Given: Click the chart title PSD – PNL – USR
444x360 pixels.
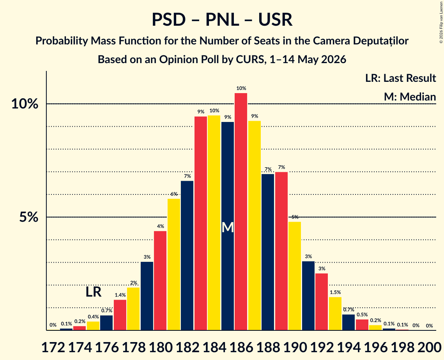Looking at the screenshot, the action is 222,20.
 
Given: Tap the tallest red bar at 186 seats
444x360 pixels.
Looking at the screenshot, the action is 241,212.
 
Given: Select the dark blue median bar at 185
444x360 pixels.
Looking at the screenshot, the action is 228,226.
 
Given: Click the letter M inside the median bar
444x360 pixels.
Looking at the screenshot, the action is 228,228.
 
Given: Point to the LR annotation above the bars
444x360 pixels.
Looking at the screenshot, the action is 94,292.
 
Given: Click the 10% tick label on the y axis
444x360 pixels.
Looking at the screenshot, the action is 25,104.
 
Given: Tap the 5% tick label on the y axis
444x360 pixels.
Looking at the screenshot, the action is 28,217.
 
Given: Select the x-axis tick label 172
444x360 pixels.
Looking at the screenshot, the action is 53,347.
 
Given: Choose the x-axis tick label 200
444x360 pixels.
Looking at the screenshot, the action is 430,347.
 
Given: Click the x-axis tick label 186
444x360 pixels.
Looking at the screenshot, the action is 241,347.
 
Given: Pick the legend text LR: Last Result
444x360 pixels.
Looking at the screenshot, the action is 400,78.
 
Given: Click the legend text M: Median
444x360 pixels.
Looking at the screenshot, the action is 410,97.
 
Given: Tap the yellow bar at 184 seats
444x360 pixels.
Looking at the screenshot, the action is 214,223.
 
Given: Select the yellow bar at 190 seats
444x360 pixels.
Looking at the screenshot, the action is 295,276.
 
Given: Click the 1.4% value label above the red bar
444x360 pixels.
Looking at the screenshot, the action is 120,295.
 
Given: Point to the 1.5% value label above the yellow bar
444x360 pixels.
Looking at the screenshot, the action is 335,292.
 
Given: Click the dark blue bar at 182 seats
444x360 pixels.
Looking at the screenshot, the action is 187,256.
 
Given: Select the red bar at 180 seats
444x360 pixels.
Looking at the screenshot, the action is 160,281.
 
